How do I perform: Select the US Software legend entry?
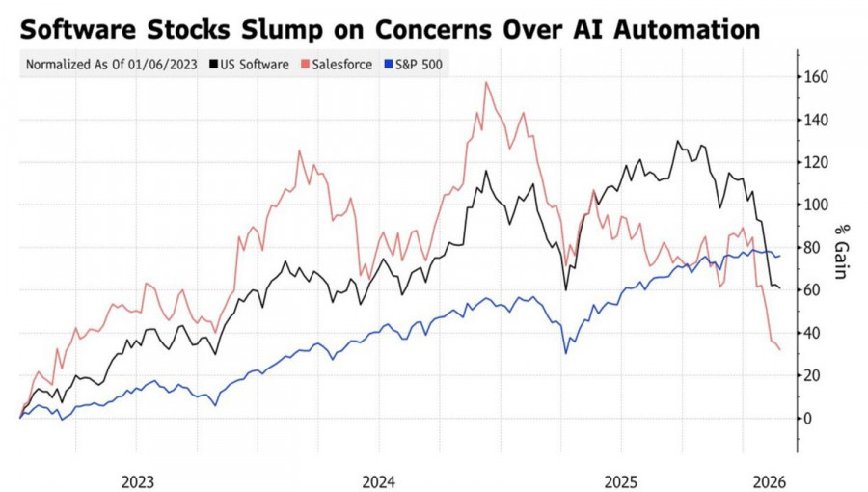[x=255, y=65]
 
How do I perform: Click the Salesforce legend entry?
[x=338, y=65]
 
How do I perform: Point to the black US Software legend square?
[x=213, y=65]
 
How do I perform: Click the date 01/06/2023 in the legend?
[x=165, y=65]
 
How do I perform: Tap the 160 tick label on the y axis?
[x=819, y=77]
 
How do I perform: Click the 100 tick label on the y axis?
[x=819, y=205]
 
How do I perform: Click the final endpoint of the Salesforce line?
[x=779, y=349]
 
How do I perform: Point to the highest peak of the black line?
[x=678, y=142]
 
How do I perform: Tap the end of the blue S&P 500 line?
[x=779, y=256]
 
